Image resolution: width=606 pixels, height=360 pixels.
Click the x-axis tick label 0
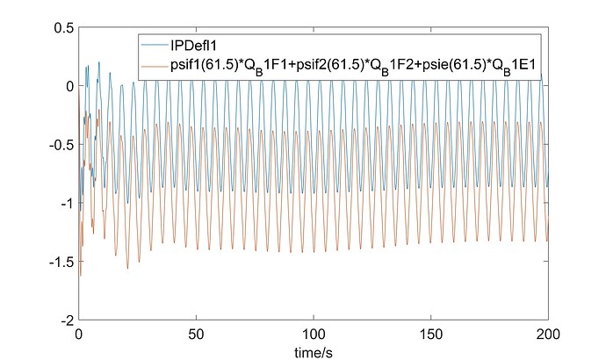(x=79, y=335)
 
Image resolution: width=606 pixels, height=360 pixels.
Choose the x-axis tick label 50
(x=197, y=335)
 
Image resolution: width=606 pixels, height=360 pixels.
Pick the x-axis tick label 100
(x=314, y=335)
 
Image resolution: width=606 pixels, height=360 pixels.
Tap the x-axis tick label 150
(x=431, y=335)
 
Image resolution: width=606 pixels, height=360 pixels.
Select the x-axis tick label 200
(x=548, y=335)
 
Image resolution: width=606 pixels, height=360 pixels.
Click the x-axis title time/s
(x=314, y=349)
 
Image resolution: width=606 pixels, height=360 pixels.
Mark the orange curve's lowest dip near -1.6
(x=81, y=276)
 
